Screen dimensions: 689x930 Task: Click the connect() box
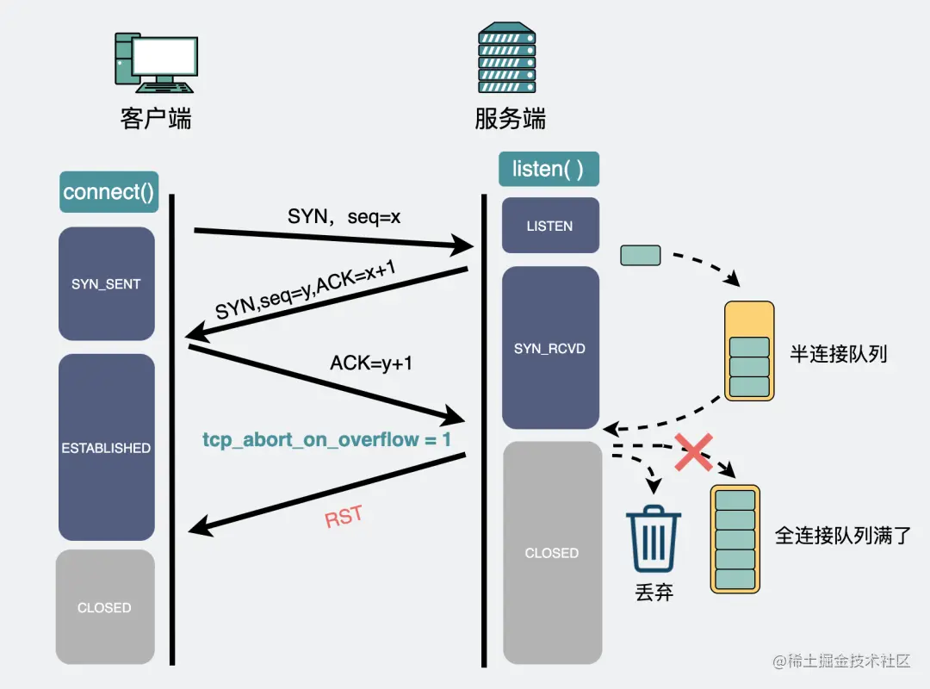tap(108, 192)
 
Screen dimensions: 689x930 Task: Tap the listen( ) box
tap(549, 169)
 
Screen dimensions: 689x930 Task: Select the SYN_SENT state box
tap(107, 284)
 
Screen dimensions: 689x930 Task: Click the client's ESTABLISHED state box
tap(106, 448)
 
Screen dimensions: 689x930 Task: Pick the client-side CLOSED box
tap(105, 607)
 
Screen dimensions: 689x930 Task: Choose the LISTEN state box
tap(549, 226)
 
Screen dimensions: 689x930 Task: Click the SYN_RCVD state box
tap(549, 348)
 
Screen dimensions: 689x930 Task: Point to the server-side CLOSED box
tap(551, 553)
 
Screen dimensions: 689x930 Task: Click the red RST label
tap(344, 518)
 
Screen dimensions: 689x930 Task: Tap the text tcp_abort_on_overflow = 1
tap(326, 439)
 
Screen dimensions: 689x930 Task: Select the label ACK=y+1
tap(371, 363)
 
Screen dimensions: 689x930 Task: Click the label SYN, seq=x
tap(344, 217)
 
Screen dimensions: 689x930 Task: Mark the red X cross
tap(692, 452)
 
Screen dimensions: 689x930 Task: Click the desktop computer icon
tap(155, 63)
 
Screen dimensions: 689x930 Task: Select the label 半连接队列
tap(838, 354)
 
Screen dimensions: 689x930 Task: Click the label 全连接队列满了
tap(840, 536)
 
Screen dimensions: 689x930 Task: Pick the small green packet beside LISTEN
tap(641, 255)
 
